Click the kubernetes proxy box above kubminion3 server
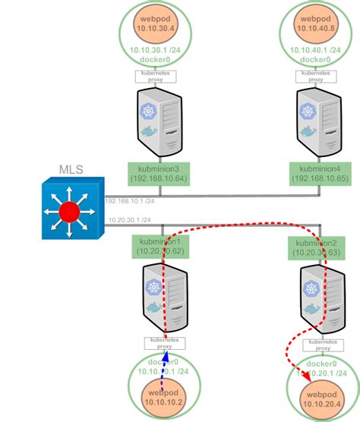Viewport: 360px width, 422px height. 156,76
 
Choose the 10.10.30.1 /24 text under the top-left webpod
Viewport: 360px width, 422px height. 156,50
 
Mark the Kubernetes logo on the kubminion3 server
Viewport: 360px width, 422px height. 147,111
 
